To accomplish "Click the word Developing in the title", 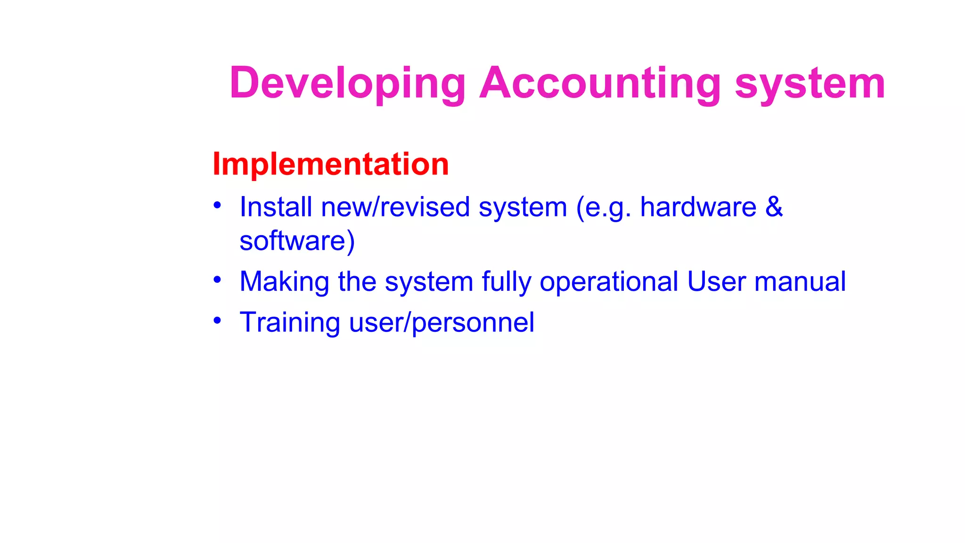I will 348,83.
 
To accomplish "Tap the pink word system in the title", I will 810,83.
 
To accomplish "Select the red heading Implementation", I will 331,164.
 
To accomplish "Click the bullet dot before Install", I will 217,205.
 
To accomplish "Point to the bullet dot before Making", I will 217,280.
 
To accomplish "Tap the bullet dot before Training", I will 217,321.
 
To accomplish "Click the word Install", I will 276,207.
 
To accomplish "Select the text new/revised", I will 395,207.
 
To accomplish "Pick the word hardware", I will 698,207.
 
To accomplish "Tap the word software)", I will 297,241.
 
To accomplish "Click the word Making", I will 284,281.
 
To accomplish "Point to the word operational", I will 609,281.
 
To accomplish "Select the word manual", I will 800,281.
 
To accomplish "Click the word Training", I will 290,322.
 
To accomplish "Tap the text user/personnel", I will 442,322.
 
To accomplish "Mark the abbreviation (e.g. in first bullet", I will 604,207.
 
